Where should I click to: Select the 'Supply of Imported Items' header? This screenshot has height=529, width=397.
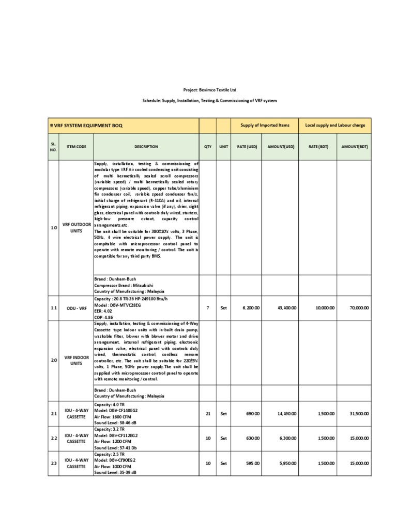click(x=265, y=126)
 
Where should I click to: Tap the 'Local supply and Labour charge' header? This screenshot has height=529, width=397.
click(x=334, y=126)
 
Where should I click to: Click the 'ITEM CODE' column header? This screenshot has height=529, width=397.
click(x=77, y=147)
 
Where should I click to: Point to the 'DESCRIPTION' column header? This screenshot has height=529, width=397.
click(x=146, y=147)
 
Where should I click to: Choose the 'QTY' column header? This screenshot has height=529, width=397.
click(x=208, y=147)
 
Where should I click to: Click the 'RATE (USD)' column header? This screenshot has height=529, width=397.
click(x=247, y=147)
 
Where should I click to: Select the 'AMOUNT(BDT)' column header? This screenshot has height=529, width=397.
click(x=354, y=147)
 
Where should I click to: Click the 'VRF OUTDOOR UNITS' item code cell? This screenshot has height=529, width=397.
click(x=77, y=228)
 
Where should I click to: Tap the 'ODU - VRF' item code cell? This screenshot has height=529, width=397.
click(x=77, y=308)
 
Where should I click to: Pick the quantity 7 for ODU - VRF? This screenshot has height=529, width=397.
click(x=208, y=308)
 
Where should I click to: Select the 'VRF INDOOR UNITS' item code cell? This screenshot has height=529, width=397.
click(x=77, y=360)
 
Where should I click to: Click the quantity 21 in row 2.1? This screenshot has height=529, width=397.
click(x=208, y=413)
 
